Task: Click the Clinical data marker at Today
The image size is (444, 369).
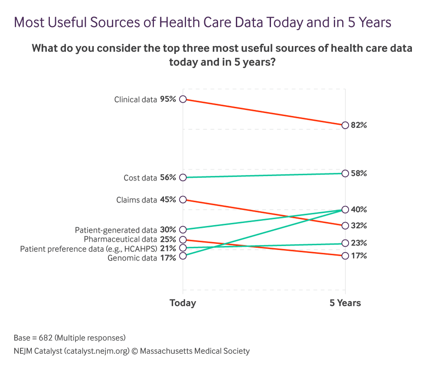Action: click(x=183, y=99)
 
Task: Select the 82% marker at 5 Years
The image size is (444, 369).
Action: click(x=345, y=125)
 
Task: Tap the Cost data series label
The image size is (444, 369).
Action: click(x=140, y=178)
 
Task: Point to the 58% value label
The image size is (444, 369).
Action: click(x=359, y=173)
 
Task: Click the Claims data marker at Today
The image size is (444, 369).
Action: click(x=183, y=200)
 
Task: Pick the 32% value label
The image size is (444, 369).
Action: click(x=359, y=226)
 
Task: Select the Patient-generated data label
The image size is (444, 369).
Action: click(x=116, y=230)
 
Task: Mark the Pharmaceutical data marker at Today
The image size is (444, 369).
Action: click(x=183, y=240)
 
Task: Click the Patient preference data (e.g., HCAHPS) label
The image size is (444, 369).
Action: click(x=88, y=249)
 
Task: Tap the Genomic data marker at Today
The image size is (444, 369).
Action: click(x=183, y=256)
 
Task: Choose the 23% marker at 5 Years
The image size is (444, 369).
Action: click(x=345, y=243)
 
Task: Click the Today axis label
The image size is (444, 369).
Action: click(x=183, y=303)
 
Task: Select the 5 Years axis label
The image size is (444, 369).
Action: click(x=345, y=303)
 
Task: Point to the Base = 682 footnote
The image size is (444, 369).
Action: click(x=70, y=337)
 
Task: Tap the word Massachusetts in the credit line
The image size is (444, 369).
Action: click(x=167, y=351)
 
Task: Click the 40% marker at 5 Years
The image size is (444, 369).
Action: click(x=345, y=209)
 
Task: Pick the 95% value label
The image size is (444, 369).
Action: click(x=168, y=99)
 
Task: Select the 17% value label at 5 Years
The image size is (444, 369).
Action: click(x=359, y=256)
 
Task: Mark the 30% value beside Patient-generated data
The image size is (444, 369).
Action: click(x=168, y=230)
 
